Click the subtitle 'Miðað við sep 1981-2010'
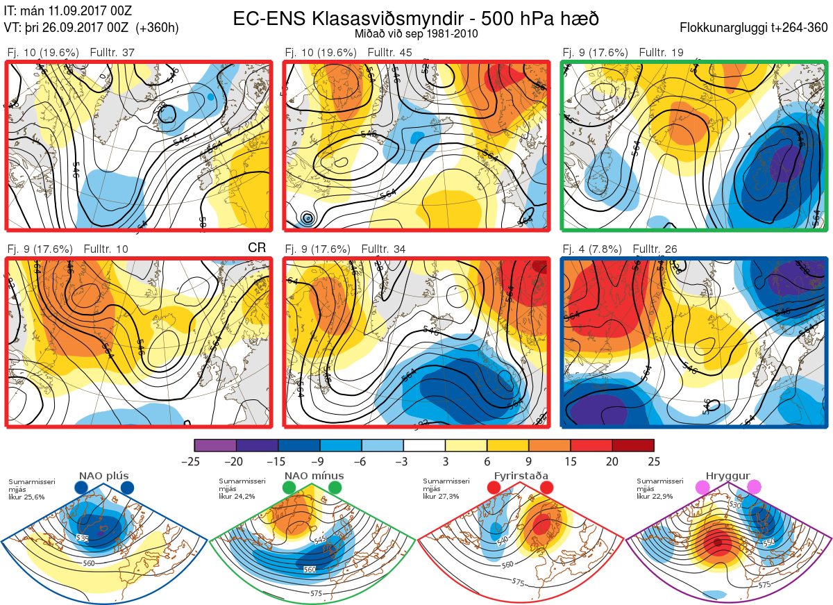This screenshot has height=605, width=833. (x=416, y=33)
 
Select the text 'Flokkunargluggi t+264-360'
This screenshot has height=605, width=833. (x=755, y=28)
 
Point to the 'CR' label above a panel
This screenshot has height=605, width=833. (x=257, y=248)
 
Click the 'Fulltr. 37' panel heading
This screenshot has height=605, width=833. (x=112, y=53)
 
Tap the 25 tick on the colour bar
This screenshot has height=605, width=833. (x=654, y=461)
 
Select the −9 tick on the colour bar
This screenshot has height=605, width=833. (x=320, y=461)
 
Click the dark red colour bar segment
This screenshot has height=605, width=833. (x=633, y=445)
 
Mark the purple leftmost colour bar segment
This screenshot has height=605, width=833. (x=216, y=445)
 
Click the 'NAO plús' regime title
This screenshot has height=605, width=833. (x=103, y=476)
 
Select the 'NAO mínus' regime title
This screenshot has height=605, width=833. (x=314, y=476)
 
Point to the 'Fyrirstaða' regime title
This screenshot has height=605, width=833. (x=521, y=476)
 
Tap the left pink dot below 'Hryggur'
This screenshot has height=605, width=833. (x=702, y=488)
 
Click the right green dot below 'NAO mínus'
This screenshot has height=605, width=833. (x=335, y=488)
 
